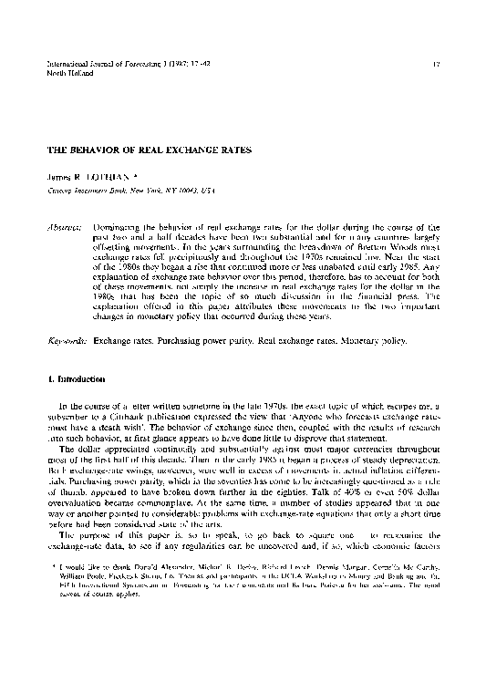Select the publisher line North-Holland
[54, 73]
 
